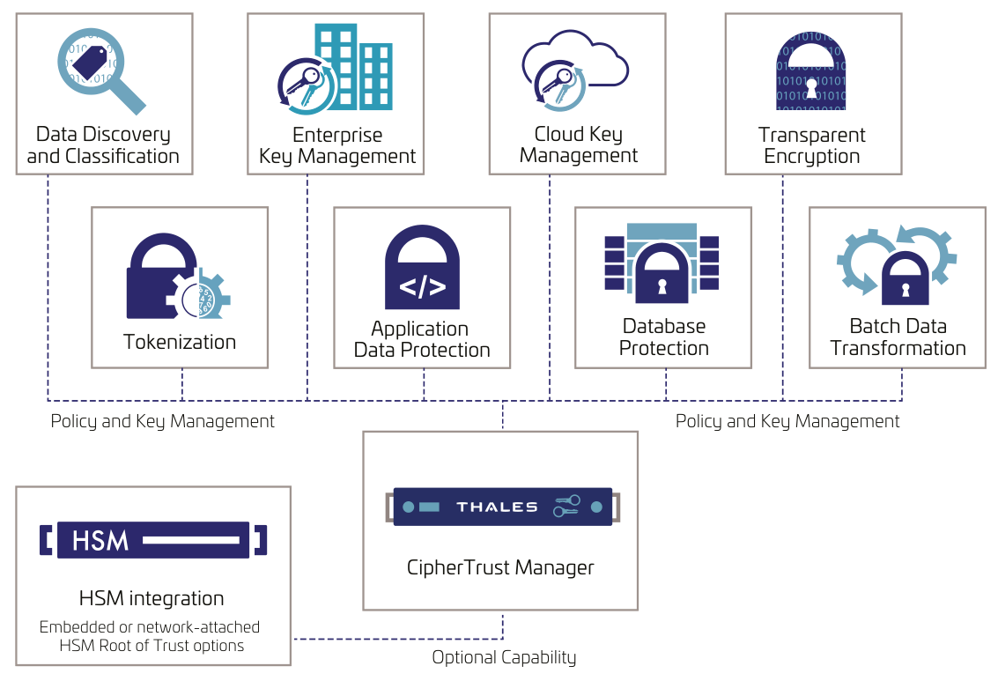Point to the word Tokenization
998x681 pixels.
(180, 342)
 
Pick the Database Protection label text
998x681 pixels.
(663, 337)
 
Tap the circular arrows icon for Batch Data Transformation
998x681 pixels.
(896, 263)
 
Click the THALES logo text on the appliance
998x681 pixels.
(497, 507)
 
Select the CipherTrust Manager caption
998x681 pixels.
(500, 567)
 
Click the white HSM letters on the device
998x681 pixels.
(100, 539)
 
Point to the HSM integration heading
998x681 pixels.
(152, 599)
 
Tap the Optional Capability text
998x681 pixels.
(504, 657)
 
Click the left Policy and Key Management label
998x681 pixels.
(162, 421)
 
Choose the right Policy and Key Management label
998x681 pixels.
(787, 421)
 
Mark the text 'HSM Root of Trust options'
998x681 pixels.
(152, 645)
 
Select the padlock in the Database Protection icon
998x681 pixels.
(662, 274)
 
